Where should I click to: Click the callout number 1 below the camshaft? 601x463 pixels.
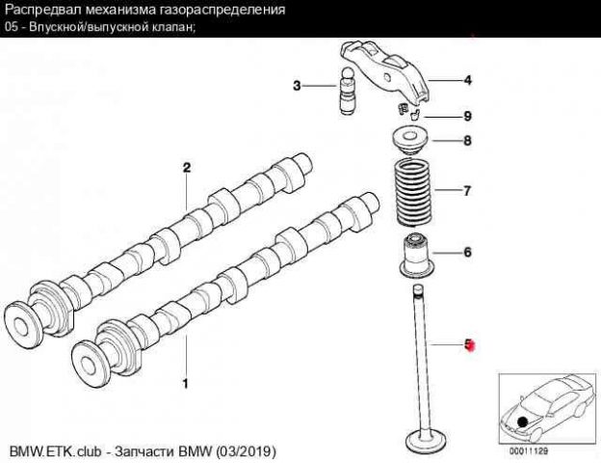coord(186,383)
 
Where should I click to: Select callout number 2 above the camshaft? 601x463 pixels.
coord(187,168)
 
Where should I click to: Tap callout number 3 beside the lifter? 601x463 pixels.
coord(297,86)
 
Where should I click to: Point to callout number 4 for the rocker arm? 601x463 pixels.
coord(468,81)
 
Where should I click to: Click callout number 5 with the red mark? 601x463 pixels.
coord(468,344)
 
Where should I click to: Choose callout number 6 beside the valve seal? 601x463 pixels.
coord(468,252)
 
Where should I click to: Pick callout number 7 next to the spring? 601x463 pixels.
coord(467,191)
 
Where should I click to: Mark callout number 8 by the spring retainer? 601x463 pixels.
coord(467,141)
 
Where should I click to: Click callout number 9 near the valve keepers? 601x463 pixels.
coord(467,116)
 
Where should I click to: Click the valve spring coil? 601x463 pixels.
coord(413,193)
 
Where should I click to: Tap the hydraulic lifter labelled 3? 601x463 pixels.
coord(349,91)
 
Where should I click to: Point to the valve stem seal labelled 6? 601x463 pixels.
coord(417,255)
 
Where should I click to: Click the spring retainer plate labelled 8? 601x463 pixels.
coord(409,142)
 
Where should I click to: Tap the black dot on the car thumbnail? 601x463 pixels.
coord(522,422)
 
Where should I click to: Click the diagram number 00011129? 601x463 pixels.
coord(529,451)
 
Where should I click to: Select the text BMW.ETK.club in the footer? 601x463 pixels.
coord(55,451)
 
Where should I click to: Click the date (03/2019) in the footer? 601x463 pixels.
coord(246,451)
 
